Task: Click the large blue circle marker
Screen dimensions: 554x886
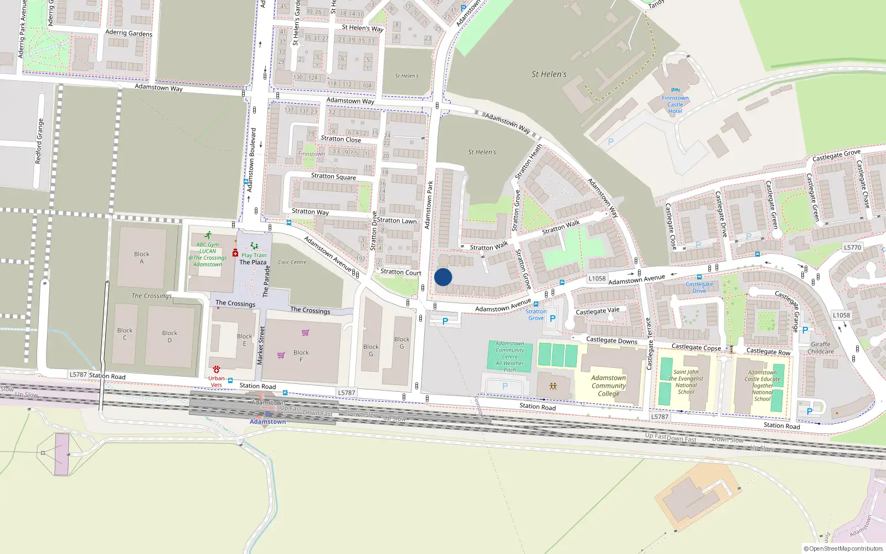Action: pos(443,277)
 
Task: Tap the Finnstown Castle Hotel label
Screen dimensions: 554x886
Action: pos(675,104)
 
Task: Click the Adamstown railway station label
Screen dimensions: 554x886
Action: pos(267,422)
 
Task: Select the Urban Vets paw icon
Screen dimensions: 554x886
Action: pos(216,369)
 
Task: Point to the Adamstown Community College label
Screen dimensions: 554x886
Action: pos(609,386)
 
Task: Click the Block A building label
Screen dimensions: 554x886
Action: pos(142,257)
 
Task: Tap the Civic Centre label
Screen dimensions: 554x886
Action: pos(292,262)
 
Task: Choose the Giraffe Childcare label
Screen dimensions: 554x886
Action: pos(820,348)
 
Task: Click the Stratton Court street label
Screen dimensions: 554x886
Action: pos(401,272)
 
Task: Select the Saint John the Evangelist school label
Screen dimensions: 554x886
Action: pos(686,382)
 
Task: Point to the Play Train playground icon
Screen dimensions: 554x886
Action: pos(254,246)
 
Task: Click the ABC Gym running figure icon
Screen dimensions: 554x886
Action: pos(208,236)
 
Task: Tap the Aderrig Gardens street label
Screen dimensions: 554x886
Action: pos(128,33)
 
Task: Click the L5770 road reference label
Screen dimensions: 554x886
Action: pos(853,248)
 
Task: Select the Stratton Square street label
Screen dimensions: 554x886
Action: pos(333,176)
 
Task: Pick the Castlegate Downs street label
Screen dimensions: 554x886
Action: pos(612,340)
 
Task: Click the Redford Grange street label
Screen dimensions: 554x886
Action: pos(39,141)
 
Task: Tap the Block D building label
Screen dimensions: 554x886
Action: pos(169,336)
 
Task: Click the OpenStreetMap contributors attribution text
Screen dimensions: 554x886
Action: pos(843,548)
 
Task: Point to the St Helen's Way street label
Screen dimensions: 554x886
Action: pos(363,28)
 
